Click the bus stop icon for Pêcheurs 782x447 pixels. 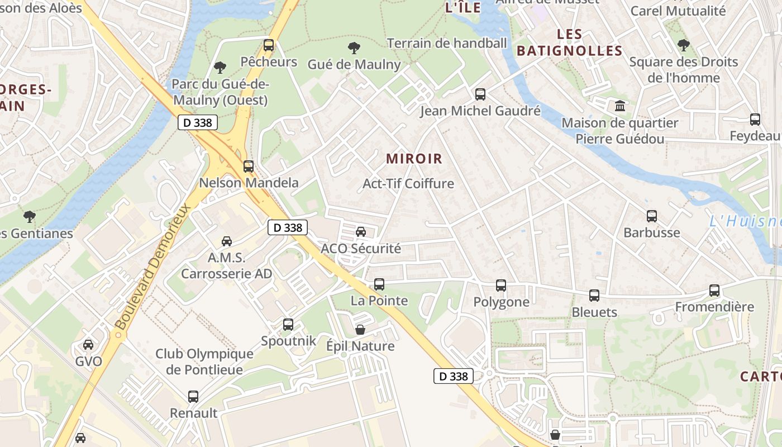click(269, 45)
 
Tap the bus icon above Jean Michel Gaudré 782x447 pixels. click(480, 94)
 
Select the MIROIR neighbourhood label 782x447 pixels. click(414, 159)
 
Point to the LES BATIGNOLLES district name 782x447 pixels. click(569, 42)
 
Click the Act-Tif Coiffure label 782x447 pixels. click(408, 183)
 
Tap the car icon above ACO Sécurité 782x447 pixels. click(361, 232)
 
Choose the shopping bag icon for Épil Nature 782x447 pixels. click(360, 330)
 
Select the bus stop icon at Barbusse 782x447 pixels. click(651, 216)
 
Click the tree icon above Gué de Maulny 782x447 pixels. click(354, 48)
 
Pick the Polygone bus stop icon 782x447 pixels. click(501, 286)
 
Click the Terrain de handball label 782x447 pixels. click(446, 43)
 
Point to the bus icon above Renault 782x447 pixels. click(193, 397)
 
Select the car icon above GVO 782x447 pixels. click(88, 345)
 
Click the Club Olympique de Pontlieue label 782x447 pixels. click(204, 362)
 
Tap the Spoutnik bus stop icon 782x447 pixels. click(288, 325)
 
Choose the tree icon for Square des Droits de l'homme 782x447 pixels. click(683, 45)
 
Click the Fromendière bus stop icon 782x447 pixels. click(714, 291)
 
